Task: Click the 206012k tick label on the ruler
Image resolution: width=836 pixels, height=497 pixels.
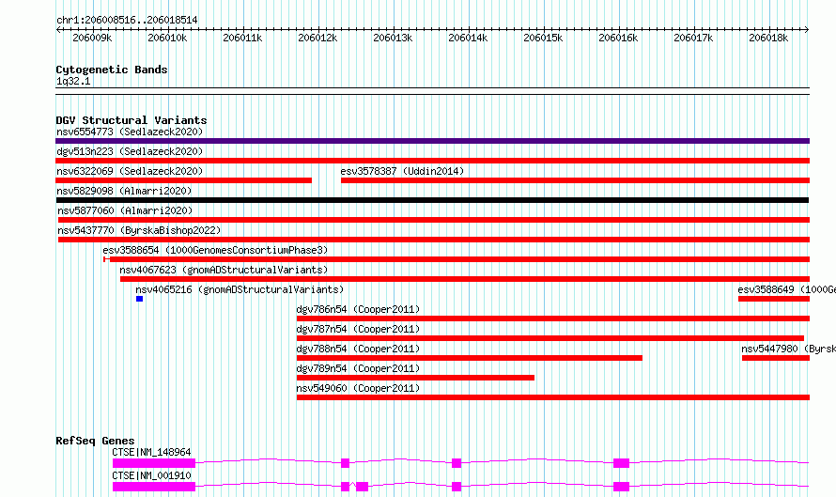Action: point(317,38)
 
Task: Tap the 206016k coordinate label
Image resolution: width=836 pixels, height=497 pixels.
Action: point(618,38)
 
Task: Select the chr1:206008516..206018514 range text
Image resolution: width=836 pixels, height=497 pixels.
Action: point(127,20)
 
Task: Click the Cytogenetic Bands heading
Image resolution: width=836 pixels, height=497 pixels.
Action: point(112,70)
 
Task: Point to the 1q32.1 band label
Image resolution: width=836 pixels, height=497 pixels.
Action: point(73,81)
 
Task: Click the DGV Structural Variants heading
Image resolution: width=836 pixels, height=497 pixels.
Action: point(132,120)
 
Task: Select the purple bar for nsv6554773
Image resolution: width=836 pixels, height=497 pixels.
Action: point(432,141)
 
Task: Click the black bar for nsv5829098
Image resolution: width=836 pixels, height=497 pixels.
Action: point(432,200)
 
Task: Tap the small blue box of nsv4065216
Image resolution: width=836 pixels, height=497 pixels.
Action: point(140,299)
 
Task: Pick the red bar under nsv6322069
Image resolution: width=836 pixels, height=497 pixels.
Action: point(183,180)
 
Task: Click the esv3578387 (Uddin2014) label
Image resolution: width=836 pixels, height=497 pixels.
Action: point(402,171)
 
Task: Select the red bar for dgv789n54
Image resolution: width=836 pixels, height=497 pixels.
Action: point(415,378)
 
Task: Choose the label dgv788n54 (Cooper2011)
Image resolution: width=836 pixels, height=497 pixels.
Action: point(358,349)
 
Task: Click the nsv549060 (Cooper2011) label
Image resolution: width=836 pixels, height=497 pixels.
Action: point(358,388)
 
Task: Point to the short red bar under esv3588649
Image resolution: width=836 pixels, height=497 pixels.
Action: point(774,299)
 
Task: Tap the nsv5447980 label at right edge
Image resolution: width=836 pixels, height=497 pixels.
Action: point(788,349)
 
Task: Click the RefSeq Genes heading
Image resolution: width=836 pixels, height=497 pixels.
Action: point(95,441)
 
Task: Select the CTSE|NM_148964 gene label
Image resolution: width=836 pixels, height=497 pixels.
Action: point(151,452)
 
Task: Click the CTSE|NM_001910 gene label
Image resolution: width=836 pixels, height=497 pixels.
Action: point(151,475)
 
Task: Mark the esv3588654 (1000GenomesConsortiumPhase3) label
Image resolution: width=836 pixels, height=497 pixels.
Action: point(215,250)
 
